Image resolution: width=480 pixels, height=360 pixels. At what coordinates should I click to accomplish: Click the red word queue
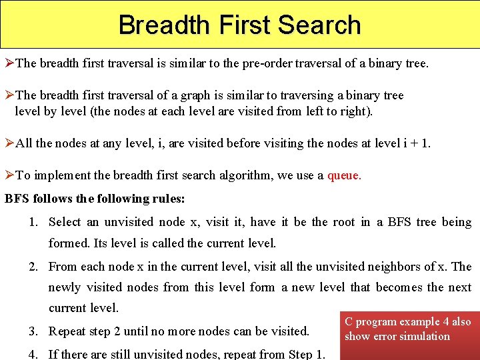point(344,175)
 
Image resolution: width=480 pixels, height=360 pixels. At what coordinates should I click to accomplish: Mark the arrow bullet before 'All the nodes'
point(9,143)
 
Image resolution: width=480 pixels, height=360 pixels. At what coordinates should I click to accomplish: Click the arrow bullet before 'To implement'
point(9,175)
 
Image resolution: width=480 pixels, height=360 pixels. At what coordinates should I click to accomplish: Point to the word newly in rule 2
point(65,287)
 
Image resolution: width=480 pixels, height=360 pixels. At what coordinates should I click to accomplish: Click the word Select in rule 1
point(65,222)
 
